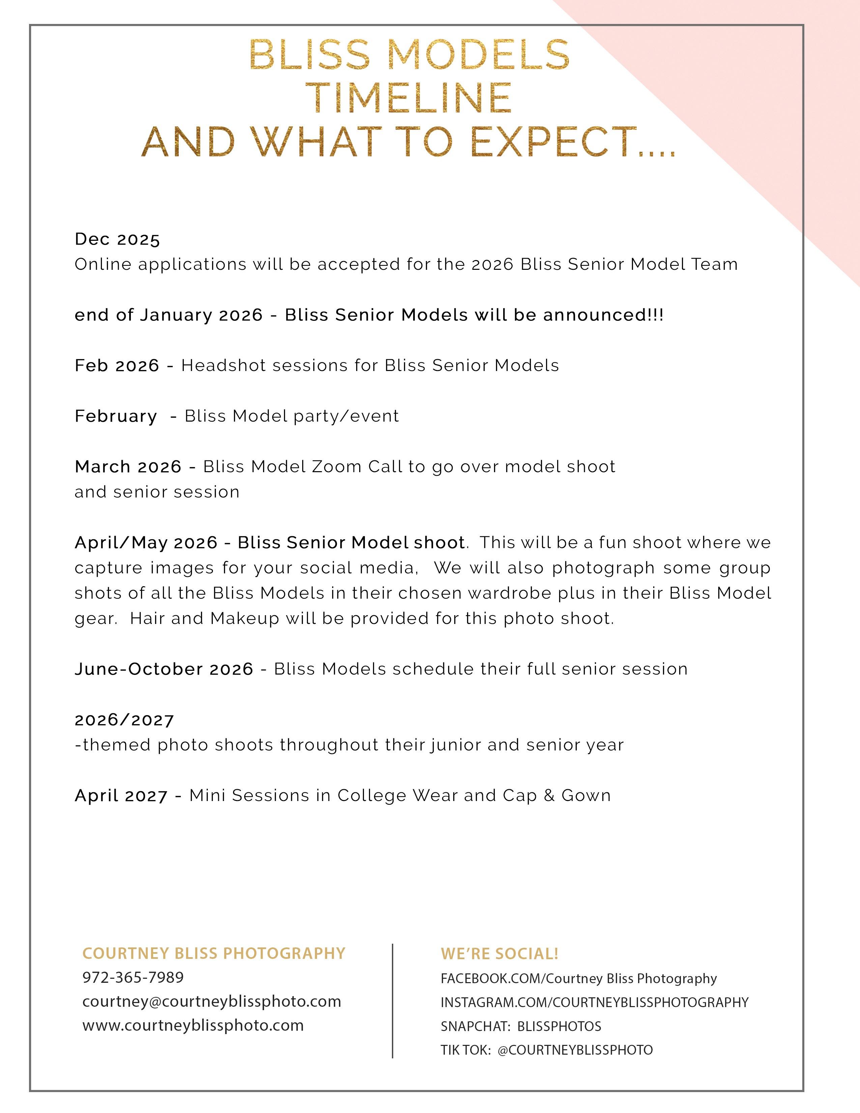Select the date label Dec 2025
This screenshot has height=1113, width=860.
(117, 239)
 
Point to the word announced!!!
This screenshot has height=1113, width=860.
(603, 315)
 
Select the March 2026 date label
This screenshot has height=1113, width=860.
(128, 466)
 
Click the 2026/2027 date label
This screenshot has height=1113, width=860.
(124, 720)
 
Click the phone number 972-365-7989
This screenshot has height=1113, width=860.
(133, 977)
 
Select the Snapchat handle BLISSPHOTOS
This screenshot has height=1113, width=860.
(559, 1026)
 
